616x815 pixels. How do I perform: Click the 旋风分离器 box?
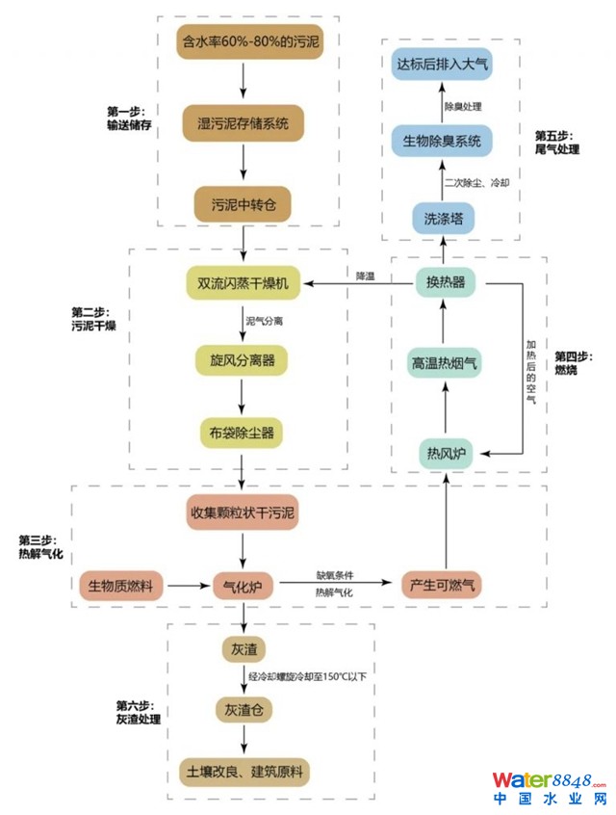pos(244,360)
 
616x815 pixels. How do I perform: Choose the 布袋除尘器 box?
pos(244,433)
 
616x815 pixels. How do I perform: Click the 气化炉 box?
pos(244,585)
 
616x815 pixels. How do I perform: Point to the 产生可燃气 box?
pos(444,585)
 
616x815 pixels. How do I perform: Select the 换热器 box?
pos(445,282)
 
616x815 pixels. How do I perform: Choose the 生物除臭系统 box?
pos(443,143)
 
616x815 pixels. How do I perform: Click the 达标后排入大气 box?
pos(443,66)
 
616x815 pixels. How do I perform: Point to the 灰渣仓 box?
pos(244,711)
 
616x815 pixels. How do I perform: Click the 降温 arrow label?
pos(364,276)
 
